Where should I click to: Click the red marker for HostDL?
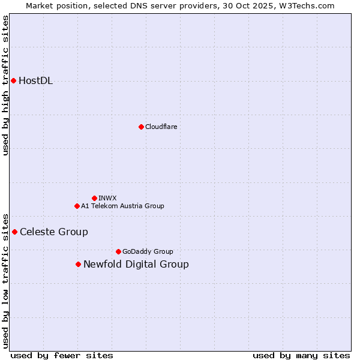coord(13,80)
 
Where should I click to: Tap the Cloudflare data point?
coord(141,127)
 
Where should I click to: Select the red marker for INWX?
coord(94,198)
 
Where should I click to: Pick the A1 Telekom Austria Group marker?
coord(77,206)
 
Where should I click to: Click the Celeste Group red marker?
coord(14,232)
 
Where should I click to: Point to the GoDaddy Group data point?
coord(118,251)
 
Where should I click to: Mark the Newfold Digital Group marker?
coord(78,264)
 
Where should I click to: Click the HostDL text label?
coord(36,81)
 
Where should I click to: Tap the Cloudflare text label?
coord(161,127)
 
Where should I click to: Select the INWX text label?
coord(107,198)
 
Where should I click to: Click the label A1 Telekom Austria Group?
coord(122,206)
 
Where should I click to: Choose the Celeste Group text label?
coord(54,232)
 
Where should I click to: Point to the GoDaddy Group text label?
coord(148,251)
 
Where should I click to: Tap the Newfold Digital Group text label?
coord(136,265)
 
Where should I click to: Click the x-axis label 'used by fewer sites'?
coord(62,355)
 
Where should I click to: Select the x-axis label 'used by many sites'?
coord(301,355)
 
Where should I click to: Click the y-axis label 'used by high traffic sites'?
coord(5,85)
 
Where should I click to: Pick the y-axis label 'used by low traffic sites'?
coord(5,281)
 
